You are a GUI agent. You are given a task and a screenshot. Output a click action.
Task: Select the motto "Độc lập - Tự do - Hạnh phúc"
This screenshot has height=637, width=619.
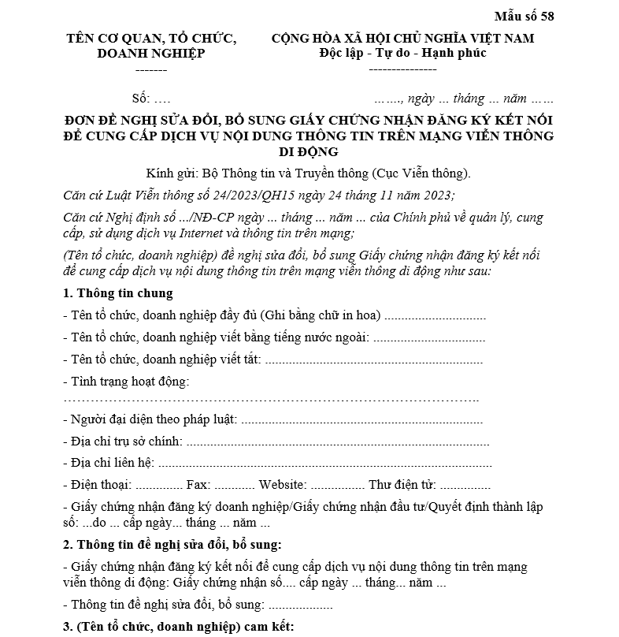click(x=402, y=53)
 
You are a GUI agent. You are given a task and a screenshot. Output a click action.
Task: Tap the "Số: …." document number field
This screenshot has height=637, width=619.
click(x=151, y=99)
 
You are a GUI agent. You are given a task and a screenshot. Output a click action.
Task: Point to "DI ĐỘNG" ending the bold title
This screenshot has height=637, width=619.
click(x=309, y=151)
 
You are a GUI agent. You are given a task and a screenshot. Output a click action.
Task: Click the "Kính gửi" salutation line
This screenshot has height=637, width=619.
click(x=308, y=173)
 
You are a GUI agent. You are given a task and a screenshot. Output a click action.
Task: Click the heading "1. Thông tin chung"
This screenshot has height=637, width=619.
click(x=117, y=293)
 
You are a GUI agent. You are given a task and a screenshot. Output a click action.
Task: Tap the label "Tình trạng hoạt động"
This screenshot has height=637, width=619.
click(x=129, y=382)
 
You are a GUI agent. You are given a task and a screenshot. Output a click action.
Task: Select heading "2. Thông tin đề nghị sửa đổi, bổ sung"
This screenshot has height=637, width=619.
click(x=172, y=545)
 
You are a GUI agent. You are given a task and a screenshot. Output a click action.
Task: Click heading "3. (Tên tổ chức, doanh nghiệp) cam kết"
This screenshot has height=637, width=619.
click(x=178, y=628)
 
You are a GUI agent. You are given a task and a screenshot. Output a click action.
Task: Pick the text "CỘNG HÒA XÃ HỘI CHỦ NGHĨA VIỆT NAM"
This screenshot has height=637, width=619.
click(x=402, y=38)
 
